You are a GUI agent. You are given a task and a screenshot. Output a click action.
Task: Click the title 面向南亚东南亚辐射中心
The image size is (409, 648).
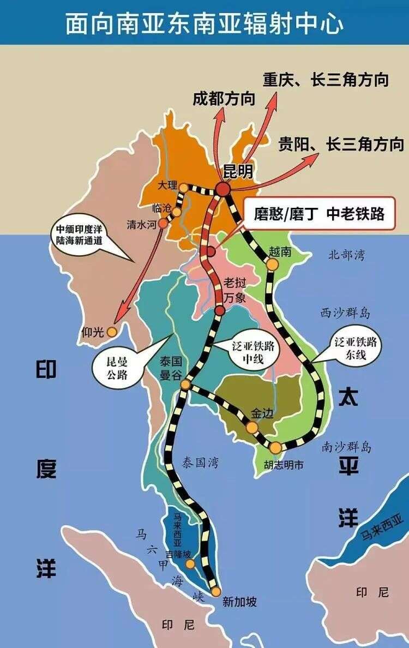[x=204, y=23]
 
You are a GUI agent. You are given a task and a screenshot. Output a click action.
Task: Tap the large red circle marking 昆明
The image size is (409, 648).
[x=223, y=189]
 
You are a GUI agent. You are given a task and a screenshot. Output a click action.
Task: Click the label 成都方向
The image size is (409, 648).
[x=224, y=99]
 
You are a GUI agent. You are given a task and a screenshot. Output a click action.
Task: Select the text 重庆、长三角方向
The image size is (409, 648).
[x=326, y=79]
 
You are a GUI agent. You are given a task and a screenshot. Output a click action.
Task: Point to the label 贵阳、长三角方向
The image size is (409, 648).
[x=341, y=144]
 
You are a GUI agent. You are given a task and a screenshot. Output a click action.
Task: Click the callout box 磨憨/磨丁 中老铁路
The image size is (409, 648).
[x=318, y=214]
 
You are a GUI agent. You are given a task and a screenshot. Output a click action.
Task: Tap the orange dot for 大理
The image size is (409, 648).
[x=184, y=187]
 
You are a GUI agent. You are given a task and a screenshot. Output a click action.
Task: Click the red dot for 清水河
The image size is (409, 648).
[x=163, y=223]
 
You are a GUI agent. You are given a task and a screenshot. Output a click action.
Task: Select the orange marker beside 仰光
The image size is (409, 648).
[x=112, y=331]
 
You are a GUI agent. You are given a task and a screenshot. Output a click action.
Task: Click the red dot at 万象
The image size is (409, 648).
[x=220, y=310]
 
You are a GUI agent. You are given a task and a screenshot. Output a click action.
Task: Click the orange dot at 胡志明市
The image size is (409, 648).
[x=276, y=448]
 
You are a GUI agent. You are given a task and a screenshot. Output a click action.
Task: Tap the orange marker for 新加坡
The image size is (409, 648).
[x=216, y=591]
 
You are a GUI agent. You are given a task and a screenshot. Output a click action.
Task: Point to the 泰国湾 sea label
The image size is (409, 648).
[x=200, y=463]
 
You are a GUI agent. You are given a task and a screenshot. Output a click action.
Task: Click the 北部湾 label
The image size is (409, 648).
[x=346, y=255]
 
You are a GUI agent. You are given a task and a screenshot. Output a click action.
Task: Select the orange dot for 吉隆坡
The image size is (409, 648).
[x=189, y=554]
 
